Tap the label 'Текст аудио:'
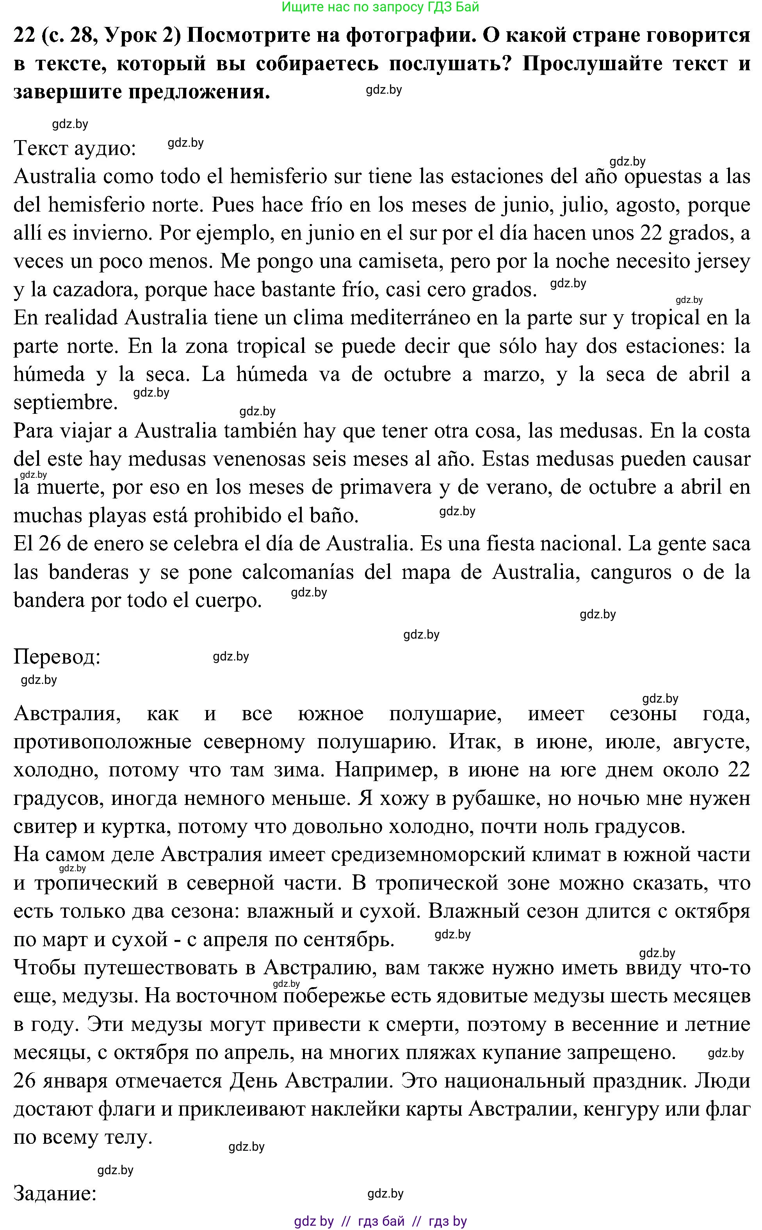coord(75,148)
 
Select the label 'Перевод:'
coord(57,657)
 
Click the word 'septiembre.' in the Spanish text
coord(66,402)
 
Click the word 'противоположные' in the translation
coord(102,742)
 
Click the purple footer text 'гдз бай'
coord(381,1221)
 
